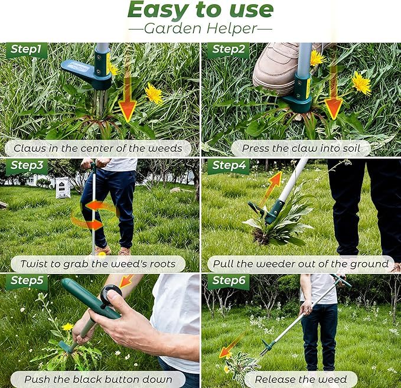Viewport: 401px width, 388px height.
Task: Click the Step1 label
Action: click(x=27, y=50)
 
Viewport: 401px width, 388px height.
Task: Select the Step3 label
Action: click(x=27, y=166)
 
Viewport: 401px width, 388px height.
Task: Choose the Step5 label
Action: click(x=27, y=281)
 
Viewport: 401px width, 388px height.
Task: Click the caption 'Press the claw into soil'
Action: click(x=301, y=148)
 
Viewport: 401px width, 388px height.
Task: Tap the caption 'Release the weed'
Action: click(x=301, y=379)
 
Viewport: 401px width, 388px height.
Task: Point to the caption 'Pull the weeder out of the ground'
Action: click(x=301, y=263)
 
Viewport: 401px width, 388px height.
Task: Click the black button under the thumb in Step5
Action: click(x=110, y=294)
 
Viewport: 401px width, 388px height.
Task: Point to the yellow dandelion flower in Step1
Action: click(x=154, y=93)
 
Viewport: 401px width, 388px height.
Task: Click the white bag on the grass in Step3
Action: click(x=63, y=188)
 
